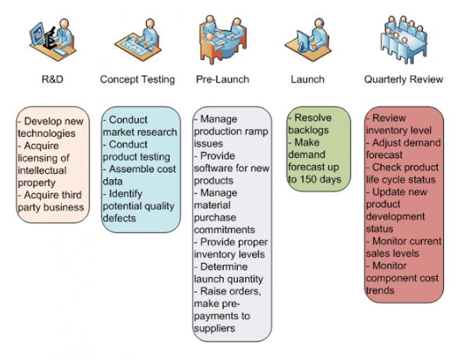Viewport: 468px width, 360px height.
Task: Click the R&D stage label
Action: pyautogui.click(x=52, y=79)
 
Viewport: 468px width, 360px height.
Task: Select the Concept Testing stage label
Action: pyautogui.click(x=137, y=79)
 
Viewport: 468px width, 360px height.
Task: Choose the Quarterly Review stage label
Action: pyautogui.click(x=403, y=79)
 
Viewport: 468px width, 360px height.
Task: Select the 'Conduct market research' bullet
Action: pyautogui.click(x=141, y=126)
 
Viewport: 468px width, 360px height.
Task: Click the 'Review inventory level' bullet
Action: pyautogui.click(x=402, y=124)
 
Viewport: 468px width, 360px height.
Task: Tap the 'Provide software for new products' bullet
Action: pyautogui.click(x=232, y=168)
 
